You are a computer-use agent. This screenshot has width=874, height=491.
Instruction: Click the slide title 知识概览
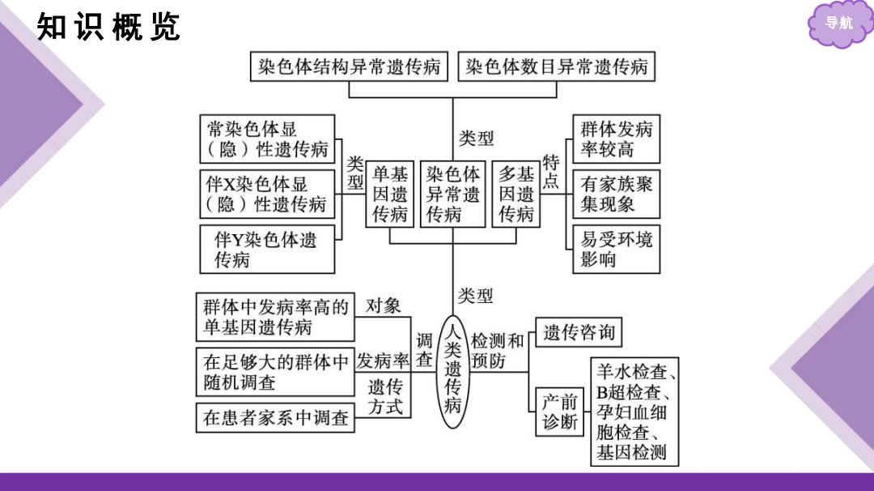(x=108, y=27)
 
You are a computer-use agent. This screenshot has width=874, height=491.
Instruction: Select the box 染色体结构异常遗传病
(x=349, y=66)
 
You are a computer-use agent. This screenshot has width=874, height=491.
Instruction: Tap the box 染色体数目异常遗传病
(x=556, y=66)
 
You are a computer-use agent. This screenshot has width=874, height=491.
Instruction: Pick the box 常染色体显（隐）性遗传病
(x=268, y=139)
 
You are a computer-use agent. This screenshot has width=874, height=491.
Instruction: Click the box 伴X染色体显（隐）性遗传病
(x=268, y=194)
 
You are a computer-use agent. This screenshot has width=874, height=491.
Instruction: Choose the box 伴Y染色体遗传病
(x=268, y=249)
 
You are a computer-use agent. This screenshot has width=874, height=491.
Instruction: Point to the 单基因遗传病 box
(x=389, y=194)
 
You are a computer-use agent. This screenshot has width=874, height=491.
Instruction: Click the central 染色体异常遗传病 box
(x=452, y=194)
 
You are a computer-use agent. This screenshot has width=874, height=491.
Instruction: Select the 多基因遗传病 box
(x=516, y=194)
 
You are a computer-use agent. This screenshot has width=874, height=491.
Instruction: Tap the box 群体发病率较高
(x=617, y=139)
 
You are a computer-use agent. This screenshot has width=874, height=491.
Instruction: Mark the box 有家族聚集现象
(x=617, y=194)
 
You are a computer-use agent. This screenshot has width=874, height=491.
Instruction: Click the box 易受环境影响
(x=617, y=249)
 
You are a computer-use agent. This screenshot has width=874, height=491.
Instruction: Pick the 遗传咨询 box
(x=579, y=332)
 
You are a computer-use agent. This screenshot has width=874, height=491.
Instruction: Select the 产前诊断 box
(x=560, y=412)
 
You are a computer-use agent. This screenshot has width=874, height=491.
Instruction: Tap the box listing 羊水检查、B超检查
(x=635, y=412)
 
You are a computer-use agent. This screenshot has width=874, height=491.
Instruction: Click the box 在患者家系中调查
(x=275, y=417)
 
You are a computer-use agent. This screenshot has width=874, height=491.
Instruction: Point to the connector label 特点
(x=551, y=172)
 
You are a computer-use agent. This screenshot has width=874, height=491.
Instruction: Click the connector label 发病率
(x=383, y=361)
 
